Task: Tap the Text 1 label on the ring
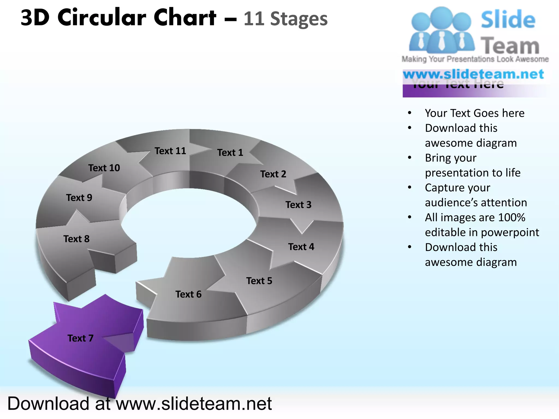(x=230, y=152)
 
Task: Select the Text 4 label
(x=301, y=247)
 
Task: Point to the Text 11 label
(x=170, y=151)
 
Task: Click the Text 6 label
(x=188, y=294)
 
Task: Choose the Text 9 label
(x=79, y=198)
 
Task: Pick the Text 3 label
(x=298, y=205)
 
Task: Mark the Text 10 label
(x=104, y=168)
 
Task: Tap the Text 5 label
(x=259, y=281)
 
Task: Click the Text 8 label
(x=76, y=239)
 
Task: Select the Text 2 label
(x=273, y=174)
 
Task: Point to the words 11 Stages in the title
(x=286, y=19)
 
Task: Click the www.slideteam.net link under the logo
(x=473, y=74)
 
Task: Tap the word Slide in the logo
(x=508, y=20)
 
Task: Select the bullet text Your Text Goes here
(x=475, y=113)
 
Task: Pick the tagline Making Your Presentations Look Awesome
(x=475, y=59)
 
